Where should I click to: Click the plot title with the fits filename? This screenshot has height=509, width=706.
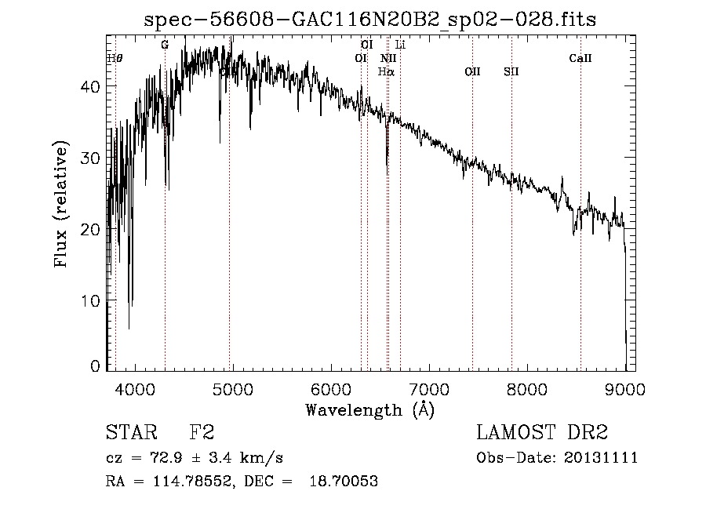369,20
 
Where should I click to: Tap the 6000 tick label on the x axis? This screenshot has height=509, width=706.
330,387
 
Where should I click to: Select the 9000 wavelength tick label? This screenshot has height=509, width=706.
625,387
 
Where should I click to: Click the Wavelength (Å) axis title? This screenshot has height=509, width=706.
369,409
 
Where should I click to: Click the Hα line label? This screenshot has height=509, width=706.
386,71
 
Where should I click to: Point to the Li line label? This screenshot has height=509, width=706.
400,45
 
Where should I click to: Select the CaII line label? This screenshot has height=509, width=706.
580,58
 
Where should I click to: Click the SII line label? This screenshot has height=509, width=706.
511,71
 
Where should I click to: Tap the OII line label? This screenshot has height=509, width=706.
472,71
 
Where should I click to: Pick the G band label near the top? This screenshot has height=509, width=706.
165,45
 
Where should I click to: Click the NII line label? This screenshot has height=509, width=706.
388,58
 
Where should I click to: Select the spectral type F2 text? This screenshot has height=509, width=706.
202,434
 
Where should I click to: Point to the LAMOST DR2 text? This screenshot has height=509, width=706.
542,434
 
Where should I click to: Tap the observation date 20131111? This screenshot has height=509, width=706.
600,458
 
